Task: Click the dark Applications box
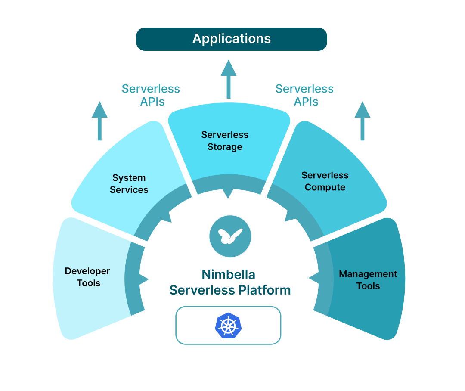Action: pyautogui.click(x=232, y=39)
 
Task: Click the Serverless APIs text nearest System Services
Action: pyautogui.click(x=151, y=95)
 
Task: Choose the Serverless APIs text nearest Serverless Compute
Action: pyautogui.click(x=304, y=95)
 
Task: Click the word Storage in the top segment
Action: pyautogui.click(x=225, y=147)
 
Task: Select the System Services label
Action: pyautogui.click(x=129, y=184)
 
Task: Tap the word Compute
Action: pyautogui.click(x=325, y=187)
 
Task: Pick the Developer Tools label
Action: pyautogui.click(x=87, y=277)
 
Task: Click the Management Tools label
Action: pyautogui.click(x=368, y=280)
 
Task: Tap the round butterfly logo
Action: pyautogui.click(x=230, y=236)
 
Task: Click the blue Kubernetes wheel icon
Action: pyautogui.click(x=228, y=325)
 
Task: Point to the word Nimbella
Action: pyautogui.click(x=229, y=274)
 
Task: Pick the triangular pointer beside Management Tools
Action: pyautogui.click(x=313, y=279)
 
